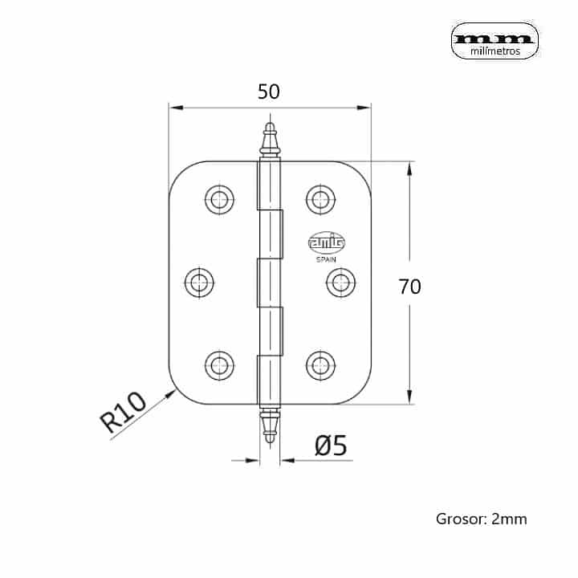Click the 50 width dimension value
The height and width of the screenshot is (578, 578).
click(x=269, y=92)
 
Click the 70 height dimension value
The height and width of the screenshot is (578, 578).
click(x=409, y=287)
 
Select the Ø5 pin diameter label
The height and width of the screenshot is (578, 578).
click(x=330, y=446)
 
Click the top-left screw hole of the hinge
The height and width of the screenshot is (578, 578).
click(x=218, y=200)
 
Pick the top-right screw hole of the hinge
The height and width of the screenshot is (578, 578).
click(x=321, y=200)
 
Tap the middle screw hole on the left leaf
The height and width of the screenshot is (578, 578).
click(x=199, y=281)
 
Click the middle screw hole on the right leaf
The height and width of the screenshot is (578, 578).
click(x=340, y=281)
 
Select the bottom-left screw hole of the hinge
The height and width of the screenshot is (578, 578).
click(x=218, y=364)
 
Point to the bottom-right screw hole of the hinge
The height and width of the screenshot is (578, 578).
click(x=321, y=364)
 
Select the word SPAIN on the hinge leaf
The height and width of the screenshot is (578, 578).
click(x=326, y=258)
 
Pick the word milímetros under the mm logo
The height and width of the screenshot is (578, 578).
click(x=493, y=51)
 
